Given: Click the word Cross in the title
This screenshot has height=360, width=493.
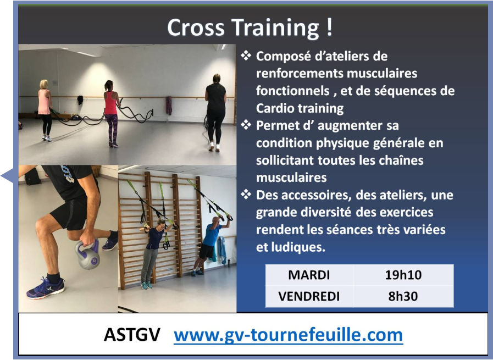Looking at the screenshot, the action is tap(196, 27).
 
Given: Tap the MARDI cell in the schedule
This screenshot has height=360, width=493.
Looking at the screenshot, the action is tap(309, 275).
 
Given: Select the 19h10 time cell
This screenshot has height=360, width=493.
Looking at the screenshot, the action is tap(403, 275).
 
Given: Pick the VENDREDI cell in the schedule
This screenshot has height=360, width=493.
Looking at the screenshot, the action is tap(309, 296).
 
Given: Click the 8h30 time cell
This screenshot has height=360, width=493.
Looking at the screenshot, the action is tap(403, 296).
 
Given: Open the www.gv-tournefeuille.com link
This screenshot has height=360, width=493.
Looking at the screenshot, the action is tap(288, 335).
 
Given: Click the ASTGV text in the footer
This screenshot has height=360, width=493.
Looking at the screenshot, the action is tap(132, 335).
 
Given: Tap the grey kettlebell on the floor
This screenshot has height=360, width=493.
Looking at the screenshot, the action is tap(87, 254).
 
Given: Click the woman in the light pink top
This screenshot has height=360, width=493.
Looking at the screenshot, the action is tap(45, 110).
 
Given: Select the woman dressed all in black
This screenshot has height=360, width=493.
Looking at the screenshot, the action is tap(215, 112).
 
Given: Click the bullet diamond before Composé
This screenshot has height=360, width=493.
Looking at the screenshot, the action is tap(246, 56).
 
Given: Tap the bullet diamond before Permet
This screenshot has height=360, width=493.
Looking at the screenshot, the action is tap(246, 125).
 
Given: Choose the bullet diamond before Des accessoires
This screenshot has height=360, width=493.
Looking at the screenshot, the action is tap(246, 195).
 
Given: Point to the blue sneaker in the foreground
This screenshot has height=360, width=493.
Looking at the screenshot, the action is tap(45, 287).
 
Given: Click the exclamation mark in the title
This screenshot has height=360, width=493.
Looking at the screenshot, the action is tap(329, 27).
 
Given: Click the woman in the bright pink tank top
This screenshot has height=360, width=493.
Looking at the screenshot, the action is tap(112, 113).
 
